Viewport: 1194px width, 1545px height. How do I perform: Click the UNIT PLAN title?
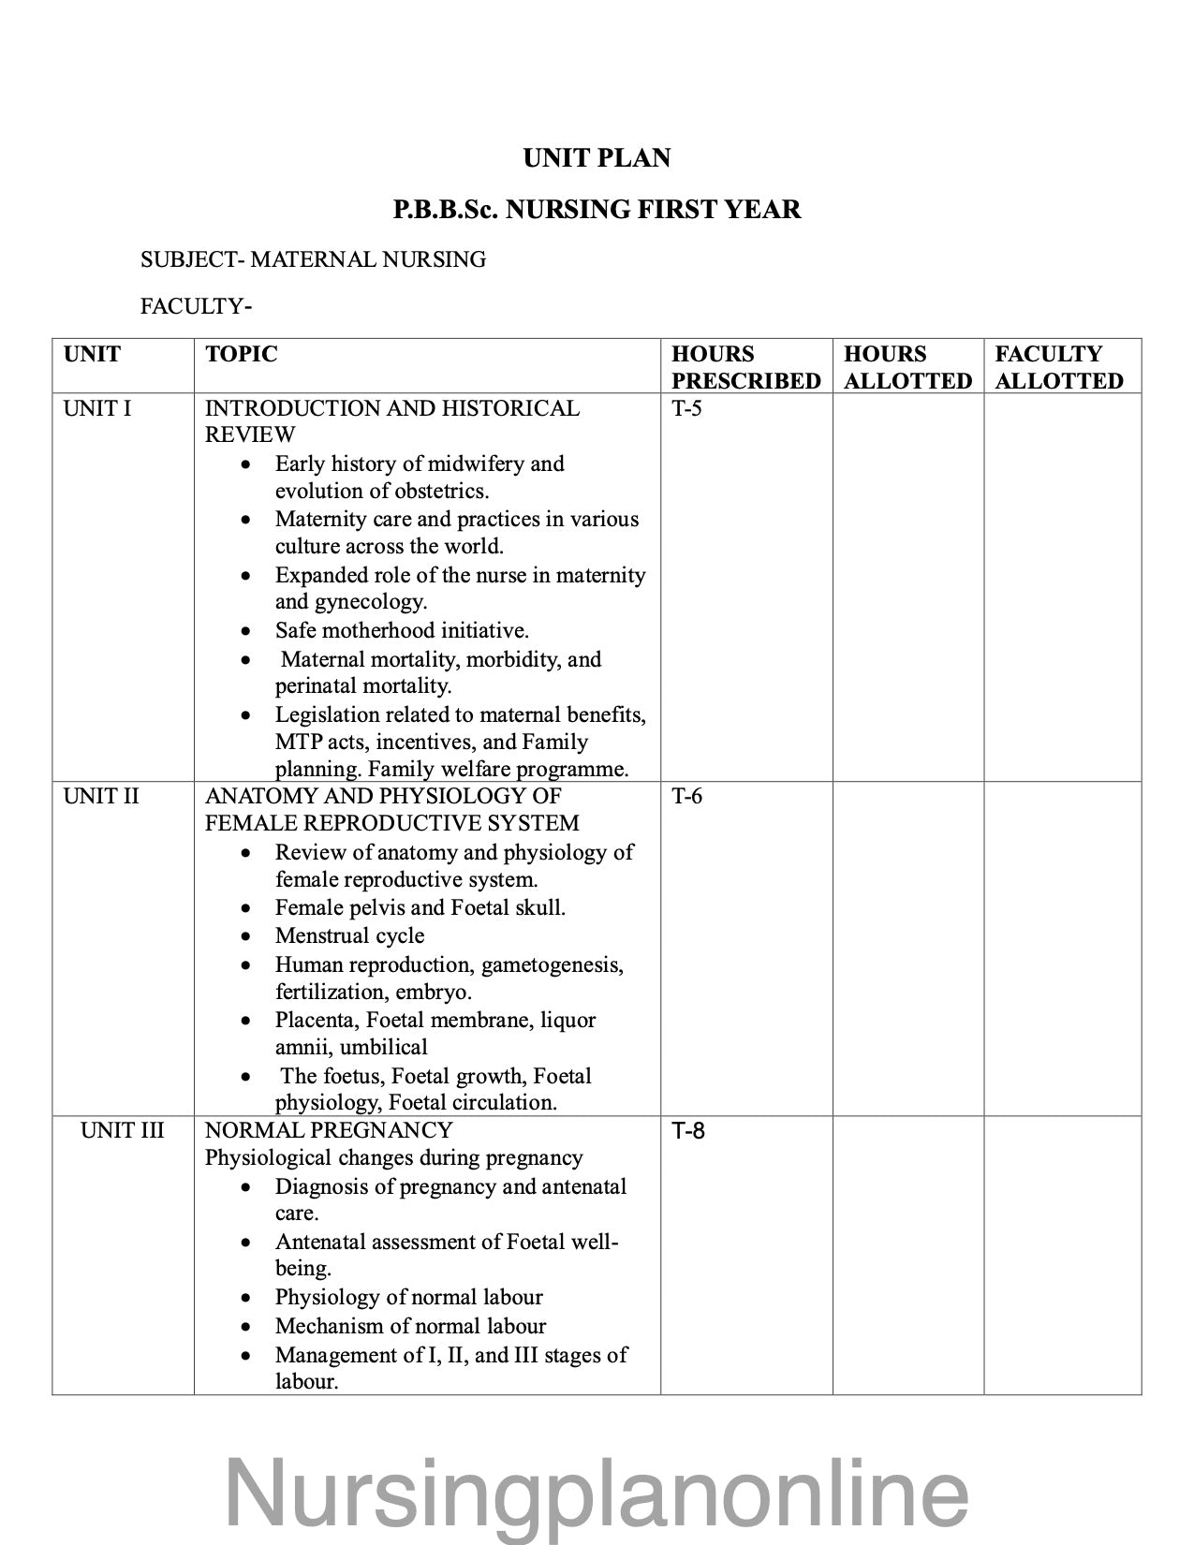[x=597, y=158]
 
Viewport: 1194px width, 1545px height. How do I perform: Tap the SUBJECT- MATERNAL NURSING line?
[x=313, y=259]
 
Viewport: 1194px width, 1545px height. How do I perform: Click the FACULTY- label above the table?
[x=197, y=306]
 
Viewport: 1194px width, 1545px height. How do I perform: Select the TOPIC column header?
[x=242, y=354]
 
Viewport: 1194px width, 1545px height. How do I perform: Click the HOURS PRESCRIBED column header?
[x=745, y=367]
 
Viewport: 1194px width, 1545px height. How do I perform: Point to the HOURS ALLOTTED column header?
[x=907, y=367]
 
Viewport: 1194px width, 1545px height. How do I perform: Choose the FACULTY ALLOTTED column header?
[x=1058, y=367]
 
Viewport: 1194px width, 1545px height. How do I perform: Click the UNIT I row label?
[x=97, y=408]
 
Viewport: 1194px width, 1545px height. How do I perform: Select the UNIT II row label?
[x=101, y=796]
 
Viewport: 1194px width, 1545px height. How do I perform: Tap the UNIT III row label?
[x=122, y=1130]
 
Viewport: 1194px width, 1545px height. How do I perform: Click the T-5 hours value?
[x=686, y=408]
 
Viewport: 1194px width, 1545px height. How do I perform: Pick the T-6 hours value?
[x=686, y=796]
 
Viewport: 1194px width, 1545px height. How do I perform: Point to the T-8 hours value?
[x=688, y=1131]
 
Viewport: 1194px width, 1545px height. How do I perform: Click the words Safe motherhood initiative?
[x=402, y=630]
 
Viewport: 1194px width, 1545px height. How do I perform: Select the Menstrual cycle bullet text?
[x=349, y=935]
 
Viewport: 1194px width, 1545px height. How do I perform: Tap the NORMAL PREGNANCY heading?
[x=329, y=1130]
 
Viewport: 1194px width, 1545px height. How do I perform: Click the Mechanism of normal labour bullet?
[x=410, y=1326]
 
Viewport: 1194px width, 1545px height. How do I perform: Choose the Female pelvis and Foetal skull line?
[x=420, y=907]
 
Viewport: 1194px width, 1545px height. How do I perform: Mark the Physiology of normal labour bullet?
[x=408, y=1297]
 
